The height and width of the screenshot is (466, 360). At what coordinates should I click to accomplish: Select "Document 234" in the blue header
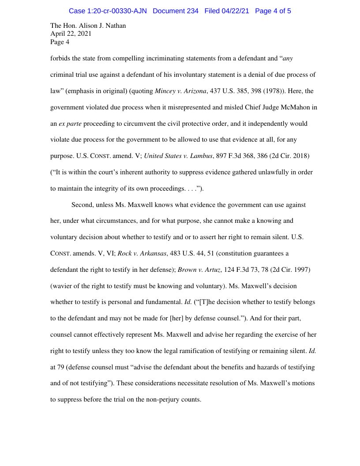[176, 11]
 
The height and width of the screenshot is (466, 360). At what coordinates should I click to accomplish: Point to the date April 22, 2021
[71, 34]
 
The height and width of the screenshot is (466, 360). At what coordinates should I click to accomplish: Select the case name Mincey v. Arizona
[180, 91]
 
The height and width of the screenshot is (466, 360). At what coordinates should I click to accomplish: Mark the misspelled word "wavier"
[63, 286]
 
